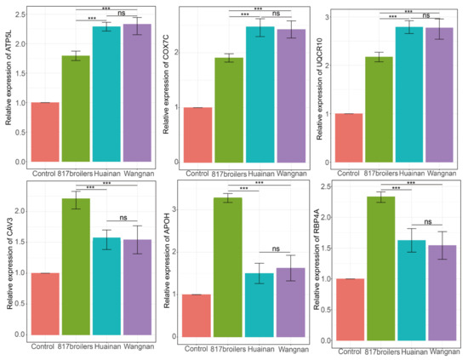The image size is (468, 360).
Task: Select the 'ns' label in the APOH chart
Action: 276,249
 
